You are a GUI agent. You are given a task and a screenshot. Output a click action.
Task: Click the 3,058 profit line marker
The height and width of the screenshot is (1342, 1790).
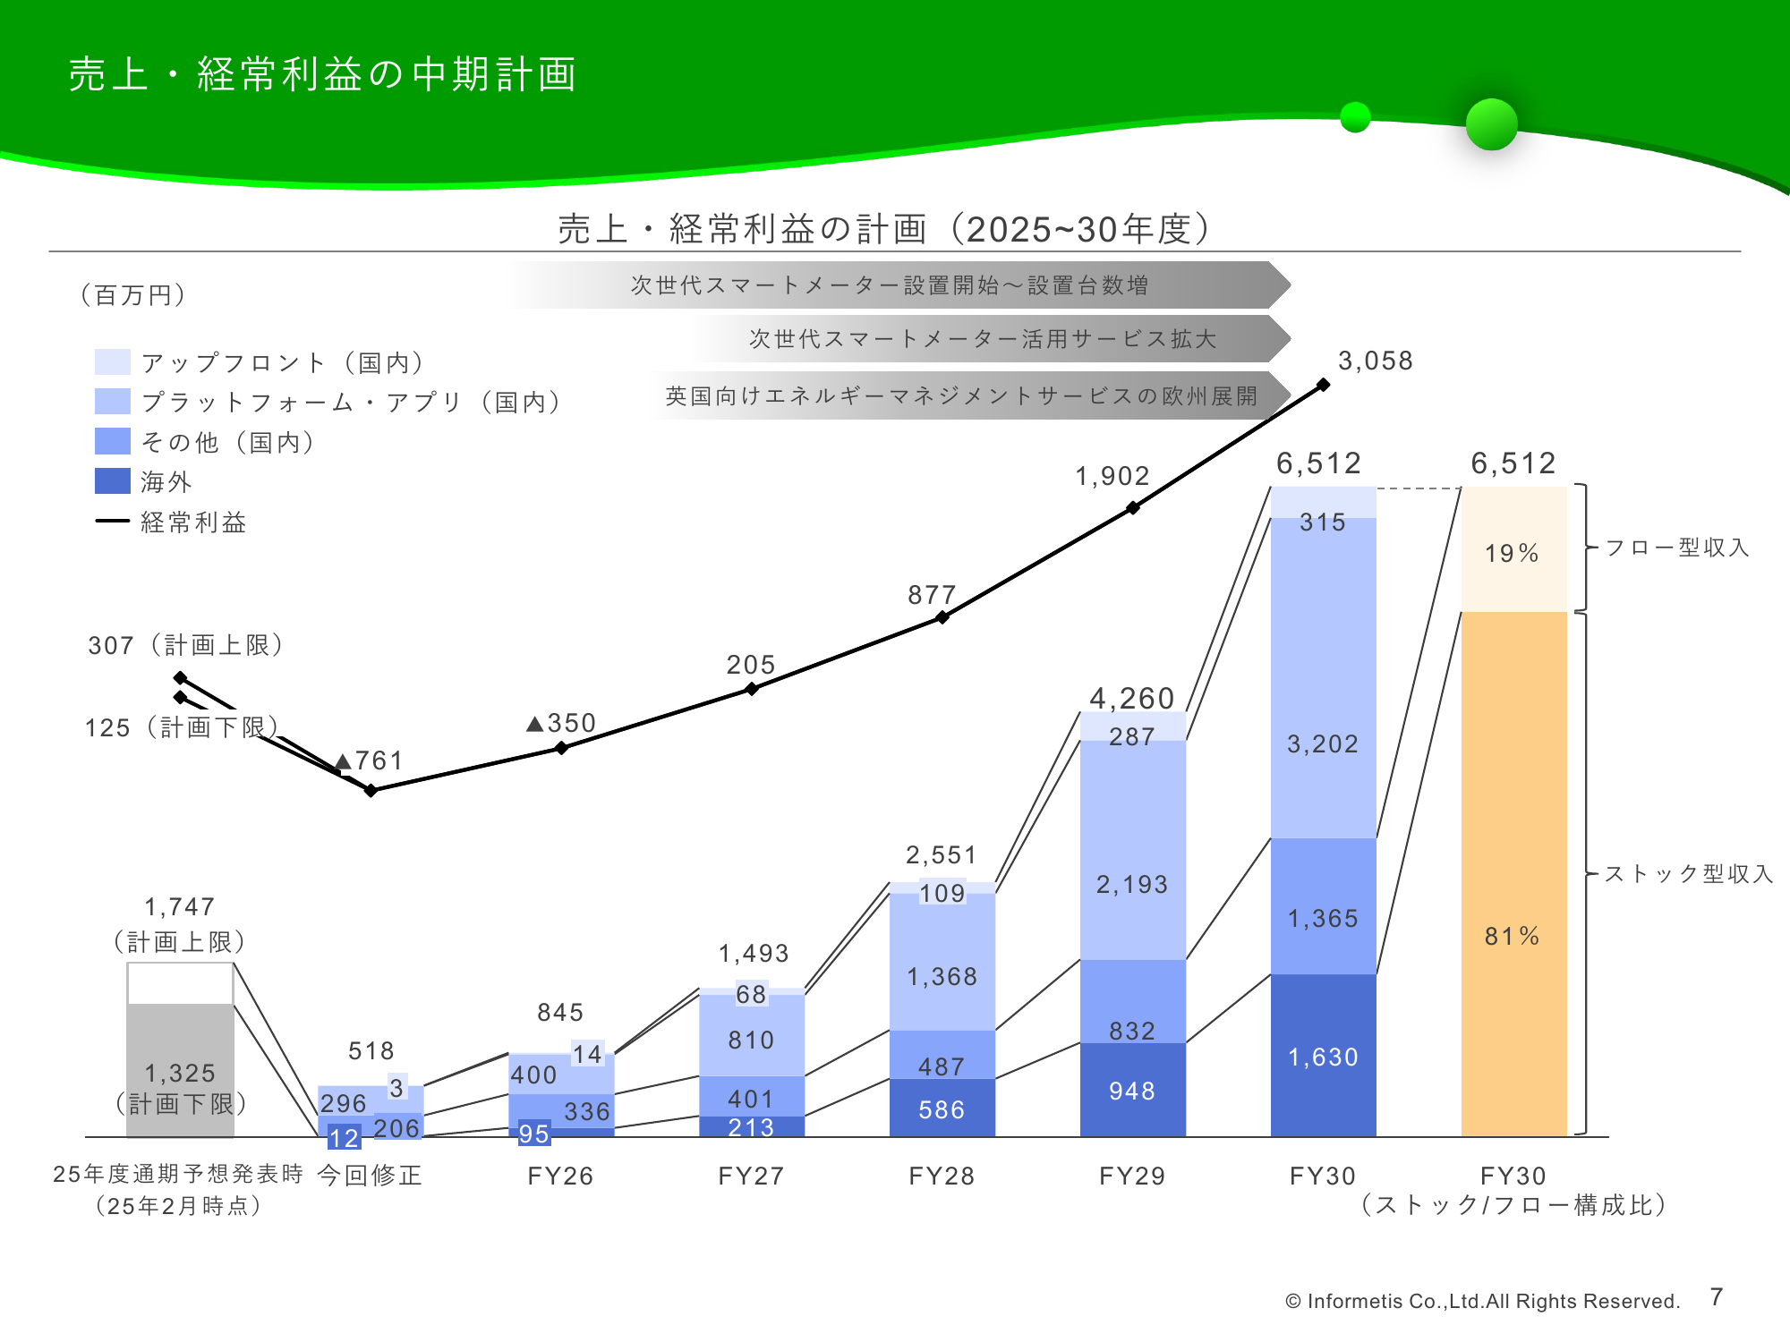coord(1323,385)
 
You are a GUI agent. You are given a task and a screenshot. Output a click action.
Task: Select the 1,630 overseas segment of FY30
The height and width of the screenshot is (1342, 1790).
coord(1323,1056)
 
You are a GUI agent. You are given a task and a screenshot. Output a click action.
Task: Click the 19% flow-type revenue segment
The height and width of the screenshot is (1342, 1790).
coord(1513,549)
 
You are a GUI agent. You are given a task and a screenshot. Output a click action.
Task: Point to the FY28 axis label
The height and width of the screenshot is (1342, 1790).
coord(942,1176)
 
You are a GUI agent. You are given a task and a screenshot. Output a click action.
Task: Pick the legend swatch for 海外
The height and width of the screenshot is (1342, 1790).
coord(113,481)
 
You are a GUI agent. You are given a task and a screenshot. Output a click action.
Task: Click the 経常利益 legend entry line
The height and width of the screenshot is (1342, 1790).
coord(113,521)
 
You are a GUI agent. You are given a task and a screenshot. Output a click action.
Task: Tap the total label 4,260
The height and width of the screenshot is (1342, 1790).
coord(1131,698)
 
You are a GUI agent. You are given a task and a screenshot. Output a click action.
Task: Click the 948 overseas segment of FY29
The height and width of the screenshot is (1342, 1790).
coord(1132,1090)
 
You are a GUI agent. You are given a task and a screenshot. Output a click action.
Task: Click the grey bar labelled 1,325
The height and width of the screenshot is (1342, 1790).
coord(180,1070)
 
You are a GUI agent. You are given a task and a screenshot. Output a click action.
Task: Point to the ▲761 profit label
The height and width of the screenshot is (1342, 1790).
coord(370,761)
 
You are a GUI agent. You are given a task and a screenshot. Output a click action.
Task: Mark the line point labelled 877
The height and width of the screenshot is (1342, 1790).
coord(942,616)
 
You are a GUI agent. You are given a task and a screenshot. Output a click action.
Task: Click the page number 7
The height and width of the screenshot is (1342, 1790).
coord(1716,1296)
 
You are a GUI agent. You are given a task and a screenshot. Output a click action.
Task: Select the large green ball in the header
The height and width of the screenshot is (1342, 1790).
coord(1491,124)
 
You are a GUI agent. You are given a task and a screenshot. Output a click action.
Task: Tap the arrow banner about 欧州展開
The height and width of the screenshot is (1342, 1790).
coord(967,395)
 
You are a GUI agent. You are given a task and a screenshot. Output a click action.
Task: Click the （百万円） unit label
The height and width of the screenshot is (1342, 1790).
coord(133,294)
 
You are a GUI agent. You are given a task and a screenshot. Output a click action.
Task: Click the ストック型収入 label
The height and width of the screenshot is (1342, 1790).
coord(1688,873)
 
